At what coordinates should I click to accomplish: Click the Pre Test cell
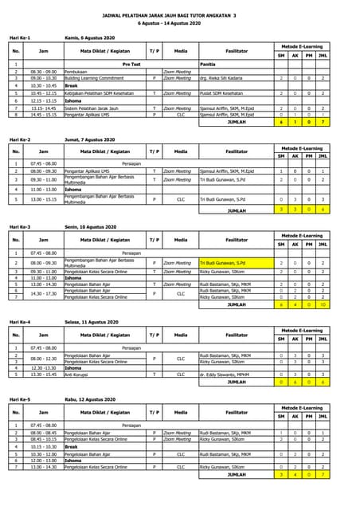click(131, 64)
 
